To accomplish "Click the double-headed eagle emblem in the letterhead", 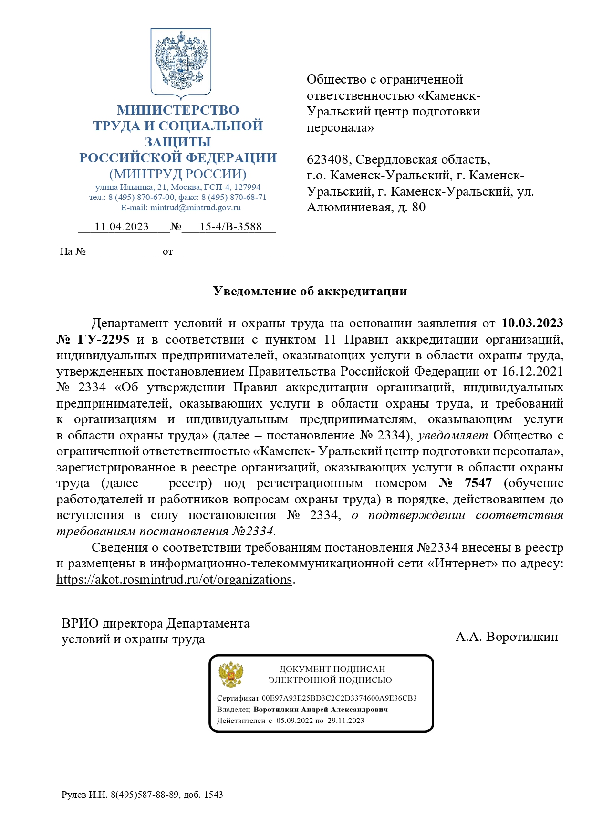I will pos(181,62).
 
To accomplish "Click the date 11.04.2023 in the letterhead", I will pos(122,227).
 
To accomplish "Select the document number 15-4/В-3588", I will pos(230,227).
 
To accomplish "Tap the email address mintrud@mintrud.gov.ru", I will pos(195,208).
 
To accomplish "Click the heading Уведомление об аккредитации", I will pos(310,292).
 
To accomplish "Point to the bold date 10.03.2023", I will pos(532,324).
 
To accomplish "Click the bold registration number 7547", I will pos(478,483).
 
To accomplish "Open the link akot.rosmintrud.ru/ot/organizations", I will pos(174,580).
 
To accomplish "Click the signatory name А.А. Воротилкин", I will pos(507,637).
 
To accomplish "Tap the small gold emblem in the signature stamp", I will pos(231,674).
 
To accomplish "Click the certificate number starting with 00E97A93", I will pos(339,698).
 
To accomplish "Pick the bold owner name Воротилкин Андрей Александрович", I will pos(321,710).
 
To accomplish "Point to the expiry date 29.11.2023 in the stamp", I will pos(346,721).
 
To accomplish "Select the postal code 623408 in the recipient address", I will pos(329,160).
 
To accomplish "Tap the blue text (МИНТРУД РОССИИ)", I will pos(178,174).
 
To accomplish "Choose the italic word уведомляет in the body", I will pos(453,436).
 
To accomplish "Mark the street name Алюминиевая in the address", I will pos(349,208).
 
